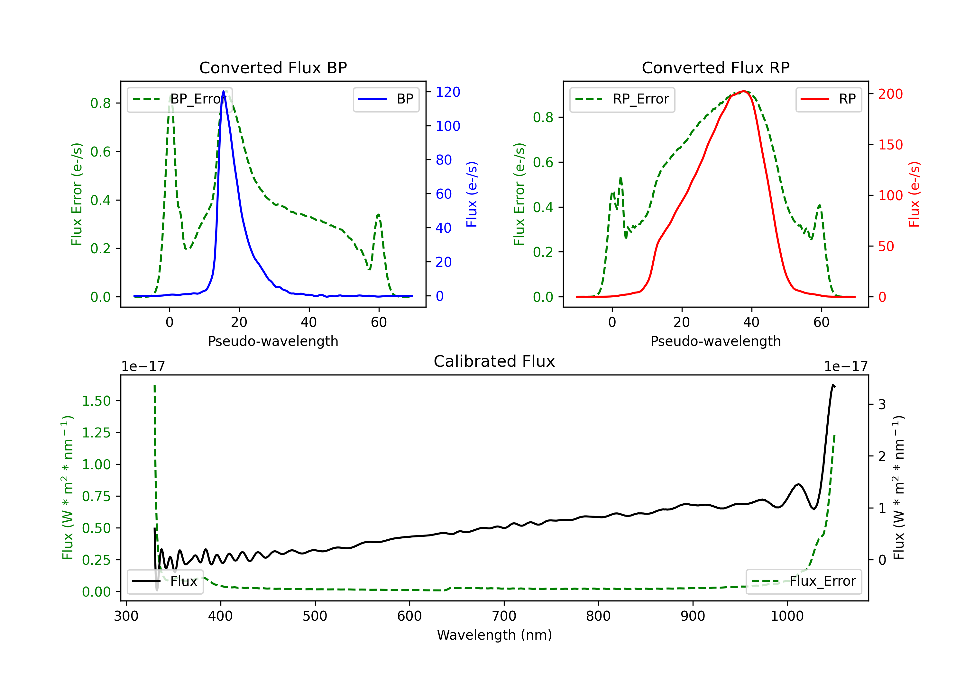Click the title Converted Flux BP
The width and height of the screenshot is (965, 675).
coord(273,67)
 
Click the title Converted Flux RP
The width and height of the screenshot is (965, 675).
coord(715,67)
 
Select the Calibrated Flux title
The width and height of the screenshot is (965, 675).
coord(494,361)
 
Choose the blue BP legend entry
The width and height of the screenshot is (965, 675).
coord(386,99)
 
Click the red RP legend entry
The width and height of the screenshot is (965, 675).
coord(828,99)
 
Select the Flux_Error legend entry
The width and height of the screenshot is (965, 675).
coord(804,581)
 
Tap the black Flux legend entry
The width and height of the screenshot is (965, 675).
coord(165,581)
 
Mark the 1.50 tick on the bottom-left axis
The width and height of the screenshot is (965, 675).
coord(96,401)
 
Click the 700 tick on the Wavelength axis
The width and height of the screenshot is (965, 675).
coord(504,616)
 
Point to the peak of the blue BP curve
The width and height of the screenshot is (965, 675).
coord(223,91)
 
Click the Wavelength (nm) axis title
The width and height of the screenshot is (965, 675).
coord(494,635)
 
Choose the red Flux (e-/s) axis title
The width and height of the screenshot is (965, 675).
coord(914,194)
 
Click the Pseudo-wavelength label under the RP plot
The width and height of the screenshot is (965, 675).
coord(715,341)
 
